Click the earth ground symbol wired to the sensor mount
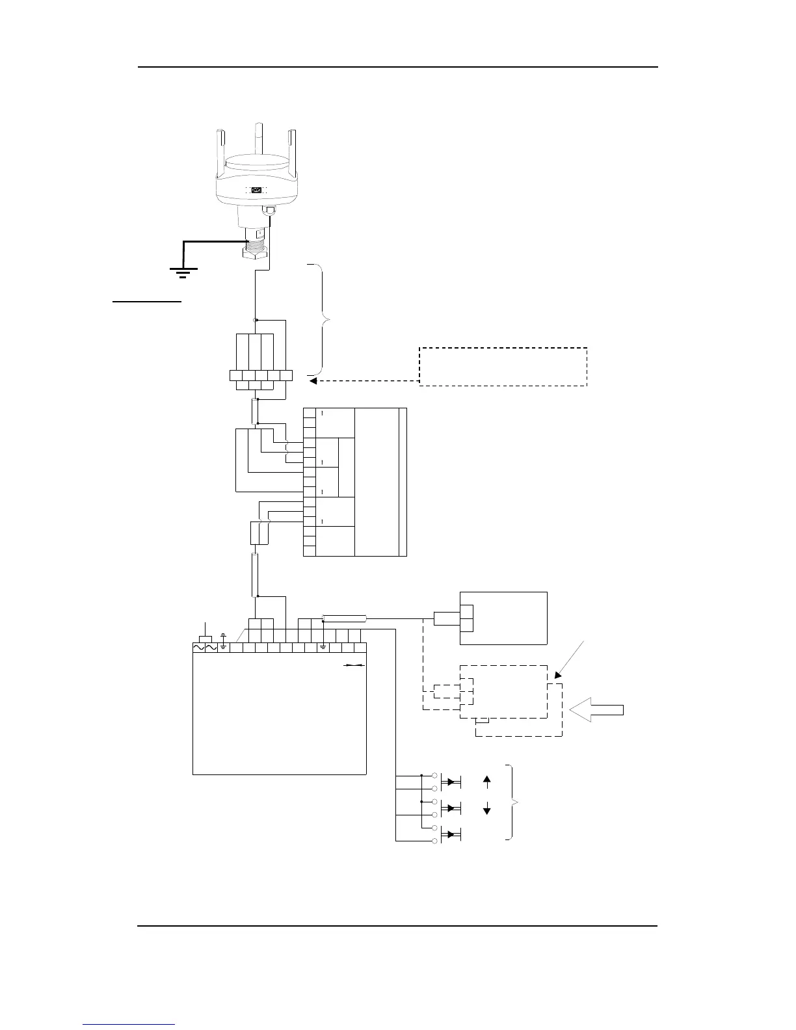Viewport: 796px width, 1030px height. pos(183,272)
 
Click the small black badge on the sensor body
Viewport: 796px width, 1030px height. pos(256,191)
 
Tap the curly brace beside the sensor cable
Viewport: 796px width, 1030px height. pos(323,319)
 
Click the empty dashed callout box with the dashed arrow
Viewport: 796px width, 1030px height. pos(503,367)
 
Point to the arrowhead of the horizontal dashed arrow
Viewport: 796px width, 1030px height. pos(313,381)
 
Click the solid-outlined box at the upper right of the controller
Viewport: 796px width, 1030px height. pos(503,618)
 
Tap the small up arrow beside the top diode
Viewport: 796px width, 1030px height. pos(487,781)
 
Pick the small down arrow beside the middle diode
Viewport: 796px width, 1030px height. pos(487,809)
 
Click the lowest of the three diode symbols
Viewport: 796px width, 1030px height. pos(451,834)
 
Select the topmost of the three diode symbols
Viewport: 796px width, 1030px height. pos(451,782)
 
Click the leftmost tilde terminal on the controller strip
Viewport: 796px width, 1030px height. pos(199,648)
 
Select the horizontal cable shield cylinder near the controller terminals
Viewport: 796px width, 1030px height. pos(345,618)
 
